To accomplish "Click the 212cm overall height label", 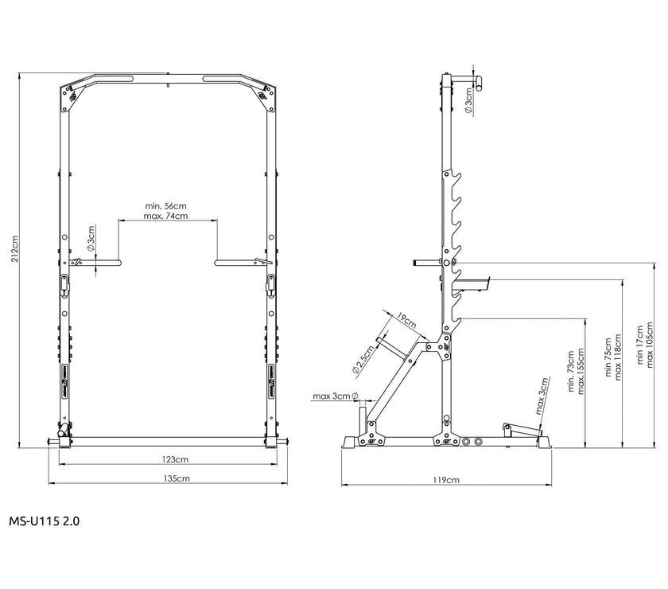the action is (15, 248).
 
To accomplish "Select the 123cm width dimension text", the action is (175, 459).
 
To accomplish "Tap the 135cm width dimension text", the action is (177, 478).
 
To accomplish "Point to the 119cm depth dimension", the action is (446, 480).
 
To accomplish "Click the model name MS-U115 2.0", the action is (45, 521).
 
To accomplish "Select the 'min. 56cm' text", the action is (165, 206).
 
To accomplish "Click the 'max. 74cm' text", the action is (165, 216).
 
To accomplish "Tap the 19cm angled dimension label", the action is (406, 320).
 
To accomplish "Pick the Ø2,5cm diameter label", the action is (363, 359).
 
